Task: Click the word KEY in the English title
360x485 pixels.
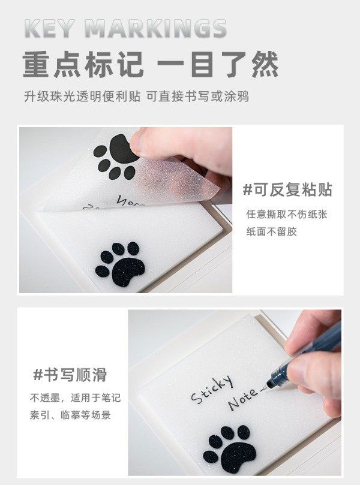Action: click(50, 29)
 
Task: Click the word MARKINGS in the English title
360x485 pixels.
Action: click(156, 29)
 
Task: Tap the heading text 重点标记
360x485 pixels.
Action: click(83, 65)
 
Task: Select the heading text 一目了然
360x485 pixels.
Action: click(218, 65)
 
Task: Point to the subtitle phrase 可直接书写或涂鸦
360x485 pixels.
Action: click(197, 96)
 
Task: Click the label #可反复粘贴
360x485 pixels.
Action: click(287, 189)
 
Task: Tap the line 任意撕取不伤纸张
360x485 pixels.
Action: click(287, 215)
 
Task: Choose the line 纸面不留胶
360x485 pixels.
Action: click(271, 231)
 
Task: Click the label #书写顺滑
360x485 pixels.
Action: click(70, 375)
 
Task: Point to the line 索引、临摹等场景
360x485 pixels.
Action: click(70, 415)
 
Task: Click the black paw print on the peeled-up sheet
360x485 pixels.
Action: click(115, 157)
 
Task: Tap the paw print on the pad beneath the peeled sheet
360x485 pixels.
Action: click(120, 264)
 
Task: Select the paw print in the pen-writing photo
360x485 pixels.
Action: click(229, 448)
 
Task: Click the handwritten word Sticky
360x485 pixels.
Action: click(211, 389)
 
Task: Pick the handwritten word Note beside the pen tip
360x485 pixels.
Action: click(242, 400)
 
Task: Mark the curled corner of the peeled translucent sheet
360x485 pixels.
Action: click(215, 188)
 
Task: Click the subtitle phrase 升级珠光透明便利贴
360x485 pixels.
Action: click(82, 96)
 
